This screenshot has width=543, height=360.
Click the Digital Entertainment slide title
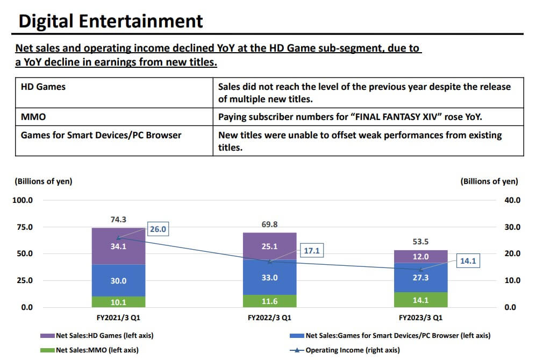click(111, 21)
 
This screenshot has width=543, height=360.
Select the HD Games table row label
click(43, 87)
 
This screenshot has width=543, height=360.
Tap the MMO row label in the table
click(33, 116)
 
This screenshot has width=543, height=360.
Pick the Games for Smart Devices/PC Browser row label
click(101, 135)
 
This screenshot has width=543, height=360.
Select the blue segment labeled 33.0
click(269, 278)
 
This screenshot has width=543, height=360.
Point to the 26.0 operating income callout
click(158, 229)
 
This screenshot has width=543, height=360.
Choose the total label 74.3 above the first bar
click(118, 220)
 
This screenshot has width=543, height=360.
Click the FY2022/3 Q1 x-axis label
click(269, 318)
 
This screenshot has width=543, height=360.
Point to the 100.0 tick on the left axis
click(23, 200)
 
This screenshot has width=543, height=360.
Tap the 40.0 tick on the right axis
click(512, 200)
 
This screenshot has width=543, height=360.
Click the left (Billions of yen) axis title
click(43, 181)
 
